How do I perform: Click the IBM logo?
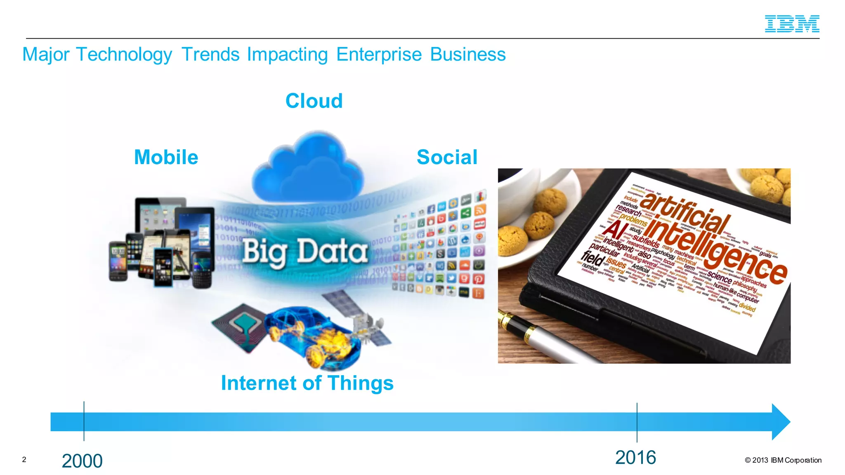point(792,24)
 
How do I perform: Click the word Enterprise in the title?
point(379,54)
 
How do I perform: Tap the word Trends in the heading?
point(210,54)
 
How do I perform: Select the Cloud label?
point(314,101)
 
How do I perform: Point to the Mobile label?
point(166,157)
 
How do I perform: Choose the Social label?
point(447,157)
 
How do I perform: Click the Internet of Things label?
point(307,383)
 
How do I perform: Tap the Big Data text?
point(304,252)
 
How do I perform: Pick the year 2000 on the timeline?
point(82,461)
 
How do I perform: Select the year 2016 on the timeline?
point(635,458)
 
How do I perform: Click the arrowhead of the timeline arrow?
point(780,422)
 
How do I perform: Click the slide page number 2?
point(24,459)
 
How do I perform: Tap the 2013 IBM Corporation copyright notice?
point(783,460)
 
